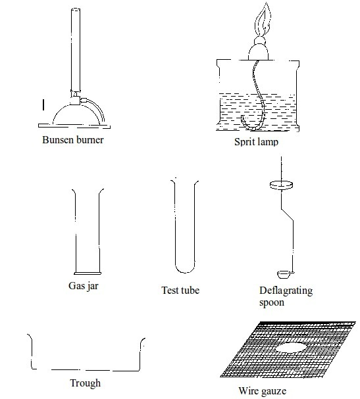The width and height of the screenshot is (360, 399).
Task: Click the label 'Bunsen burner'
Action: click(x=73, y=140)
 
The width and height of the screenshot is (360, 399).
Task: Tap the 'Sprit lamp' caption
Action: click(x=256, y=142)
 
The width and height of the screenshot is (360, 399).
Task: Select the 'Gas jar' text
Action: click(x=84, y=286)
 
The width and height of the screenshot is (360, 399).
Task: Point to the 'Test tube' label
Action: click(x=180, y=291)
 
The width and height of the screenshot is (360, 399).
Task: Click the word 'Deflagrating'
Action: click(x=286, y=291)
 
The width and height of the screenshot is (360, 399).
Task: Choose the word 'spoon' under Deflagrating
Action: click(x=272, y=302)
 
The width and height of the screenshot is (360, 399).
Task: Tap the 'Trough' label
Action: click(x=86, y=383)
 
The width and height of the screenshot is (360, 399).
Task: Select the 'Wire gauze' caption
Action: click(x=263, y=391)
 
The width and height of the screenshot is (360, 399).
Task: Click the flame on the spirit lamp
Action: click(x=263, y=20)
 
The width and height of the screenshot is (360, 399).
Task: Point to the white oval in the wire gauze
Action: click(x=292, y=347)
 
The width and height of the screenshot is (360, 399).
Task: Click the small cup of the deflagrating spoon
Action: click(x=283, y=274)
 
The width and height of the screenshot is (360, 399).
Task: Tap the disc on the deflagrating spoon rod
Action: click(x=281, y=185)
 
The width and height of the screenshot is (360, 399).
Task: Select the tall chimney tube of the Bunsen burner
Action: click(x=76, y=50)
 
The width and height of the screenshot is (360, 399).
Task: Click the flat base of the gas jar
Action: click(x=88, y=273)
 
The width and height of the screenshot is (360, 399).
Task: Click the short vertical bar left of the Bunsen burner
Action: click(x=43, y=105)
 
